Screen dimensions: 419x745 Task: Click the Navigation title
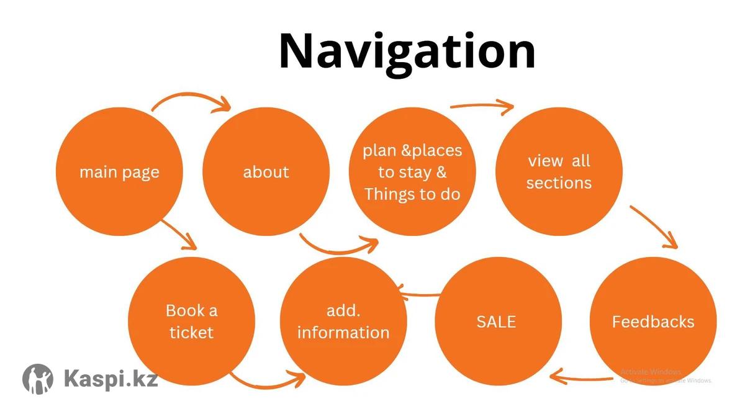[407, 52]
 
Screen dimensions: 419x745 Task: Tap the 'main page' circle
[119, 172]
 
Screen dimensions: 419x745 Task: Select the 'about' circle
[266, 172]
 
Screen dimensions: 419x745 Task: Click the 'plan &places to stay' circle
[412, 172]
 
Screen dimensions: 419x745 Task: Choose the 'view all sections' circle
[559, 172]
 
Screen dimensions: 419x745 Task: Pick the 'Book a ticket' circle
[191, 321]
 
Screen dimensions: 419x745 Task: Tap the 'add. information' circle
[343, 321]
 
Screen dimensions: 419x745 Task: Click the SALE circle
[496, 321]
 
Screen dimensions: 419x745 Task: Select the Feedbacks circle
[652, 321]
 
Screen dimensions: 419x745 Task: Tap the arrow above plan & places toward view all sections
[482, 106]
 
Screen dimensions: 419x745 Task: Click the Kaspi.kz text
[111, 377]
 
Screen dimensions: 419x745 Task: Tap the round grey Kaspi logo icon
[38, 379]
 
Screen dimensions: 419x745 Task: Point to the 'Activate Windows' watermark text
[651, 372]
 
